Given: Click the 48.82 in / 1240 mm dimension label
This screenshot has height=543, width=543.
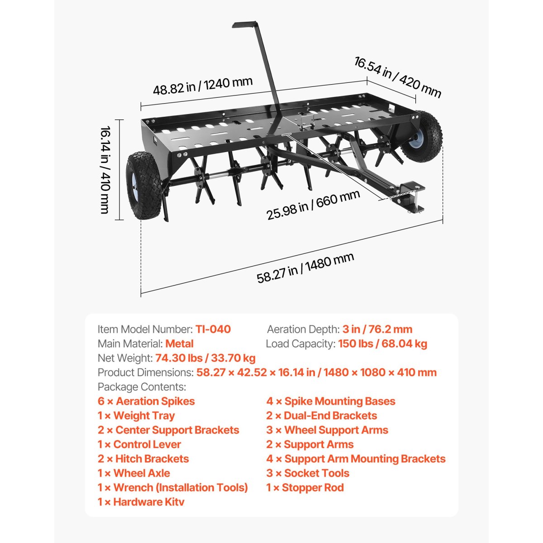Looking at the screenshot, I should point(202,86).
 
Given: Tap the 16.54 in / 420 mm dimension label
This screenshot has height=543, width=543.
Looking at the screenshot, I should point(397,77).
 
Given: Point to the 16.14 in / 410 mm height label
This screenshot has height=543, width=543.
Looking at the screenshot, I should point(105,169).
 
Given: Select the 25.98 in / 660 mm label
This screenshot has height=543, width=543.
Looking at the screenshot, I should point(313,205).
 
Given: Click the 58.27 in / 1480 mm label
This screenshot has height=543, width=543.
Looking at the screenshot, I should point(305,268).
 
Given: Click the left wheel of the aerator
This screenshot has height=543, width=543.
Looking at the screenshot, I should point(142,186).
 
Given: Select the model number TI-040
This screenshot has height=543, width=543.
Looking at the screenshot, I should point(213,329).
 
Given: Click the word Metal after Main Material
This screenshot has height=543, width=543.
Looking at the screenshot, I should point(179,343).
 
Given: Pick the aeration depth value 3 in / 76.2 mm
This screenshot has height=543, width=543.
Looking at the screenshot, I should point(377,329).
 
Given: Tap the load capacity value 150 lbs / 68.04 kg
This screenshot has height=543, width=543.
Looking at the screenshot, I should point(382,343).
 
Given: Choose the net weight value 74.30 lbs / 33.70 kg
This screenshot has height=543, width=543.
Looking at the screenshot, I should point(205,358).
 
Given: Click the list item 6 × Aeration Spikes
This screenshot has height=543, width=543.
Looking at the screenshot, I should point(146,401).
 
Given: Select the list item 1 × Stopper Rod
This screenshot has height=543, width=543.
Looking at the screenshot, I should point(305,488).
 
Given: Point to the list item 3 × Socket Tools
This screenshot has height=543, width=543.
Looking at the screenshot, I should point(308,473).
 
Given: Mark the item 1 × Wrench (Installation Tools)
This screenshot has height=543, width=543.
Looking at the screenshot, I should point(173,488).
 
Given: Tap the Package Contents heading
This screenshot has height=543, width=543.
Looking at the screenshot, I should point(142,387).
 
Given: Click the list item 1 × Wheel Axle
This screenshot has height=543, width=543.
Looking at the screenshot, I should point(134,473).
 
